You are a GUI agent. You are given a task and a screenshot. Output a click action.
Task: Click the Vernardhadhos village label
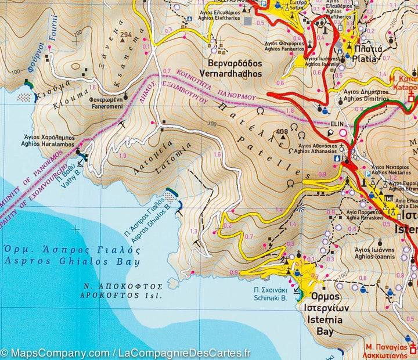pos(235,69)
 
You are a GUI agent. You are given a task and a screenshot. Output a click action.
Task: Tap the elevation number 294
pos(125,35)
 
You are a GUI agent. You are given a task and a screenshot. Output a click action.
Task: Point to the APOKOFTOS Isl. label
pos(122,291)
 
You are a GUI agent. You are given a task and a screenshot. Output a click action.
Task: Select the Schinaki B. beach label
pos(269,294)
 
